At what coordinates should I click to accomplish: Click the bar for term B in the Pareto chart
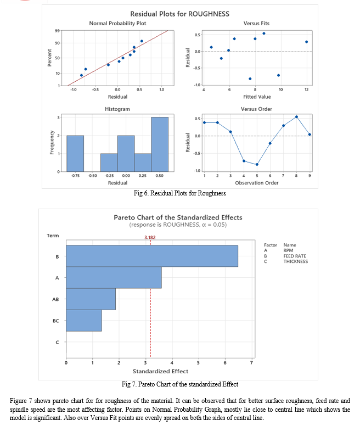tap(152, 256)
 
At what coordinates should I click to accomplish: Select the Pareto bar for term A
tap(114, 277)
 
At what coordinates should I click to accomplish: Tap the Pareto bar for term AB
tap(91, 299)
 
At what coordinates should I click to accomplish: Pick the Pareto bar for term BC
tap(84, 320)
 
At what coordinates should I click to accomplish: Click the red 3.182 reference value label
tap(150, 237)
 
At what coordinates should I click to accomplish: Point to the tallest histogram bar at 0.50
tap(160, 144)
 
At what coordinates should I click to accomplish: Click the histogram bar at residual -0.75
tap(75, 154)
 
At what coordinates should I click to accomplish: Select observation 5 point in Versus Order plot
tap(257, 164)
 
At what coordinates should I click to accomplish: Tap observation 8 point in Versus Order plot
tap(296, 117)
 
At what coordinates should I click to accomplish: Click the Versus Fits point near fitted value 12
tap(307, 42)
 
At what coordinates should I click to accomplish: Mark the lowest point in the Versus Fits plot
tap(250, 79)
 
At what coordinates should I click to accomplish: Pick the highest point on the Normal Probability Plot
tap(142, 41)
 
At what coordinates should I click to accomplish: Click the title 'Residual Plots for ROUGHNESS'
tap(180, 14)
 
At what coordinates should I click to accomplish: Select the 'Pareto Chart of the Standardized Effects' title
tap(178, 217)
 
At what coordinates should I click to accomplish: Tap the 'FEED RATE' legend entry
tap(295, 256)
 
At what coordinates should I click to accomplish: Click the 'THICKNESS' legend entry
tap(296, 261)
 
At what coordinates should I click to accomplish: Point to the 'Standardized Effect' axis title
tap(160, 371)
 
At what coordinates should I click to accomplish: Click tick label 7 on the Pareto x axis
tap(251, 363)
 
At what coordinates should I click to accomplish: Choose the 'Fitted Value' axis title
tap(257, 97)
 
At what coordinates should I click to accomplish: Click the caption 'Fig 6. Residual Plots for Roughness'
tap(180, 193)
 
